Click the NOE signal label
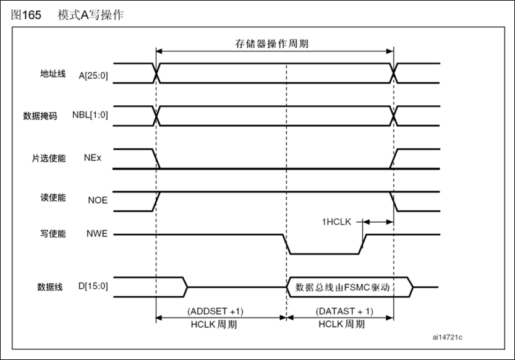click(96, 200)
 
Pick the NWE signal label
click(96, 234)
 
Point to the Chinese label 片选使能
click(48, 158)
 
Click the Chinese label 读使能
click(51, 200)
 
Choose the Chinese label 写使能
click(51, 234)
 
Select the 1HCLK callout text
click(336, 221)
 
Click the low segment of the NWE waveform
click(323, 254)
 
